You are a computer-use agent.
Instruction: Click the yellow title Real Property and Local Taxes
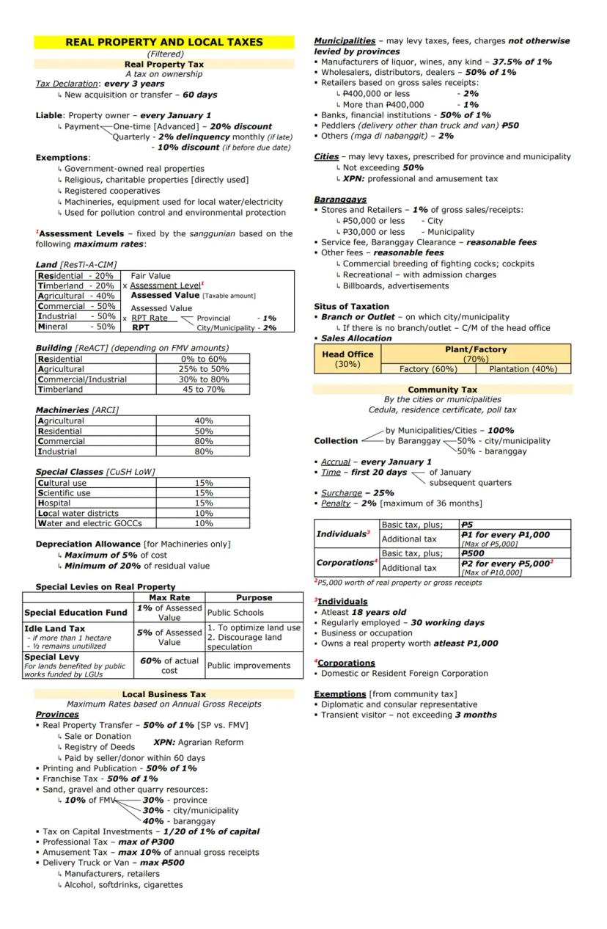(163, 43)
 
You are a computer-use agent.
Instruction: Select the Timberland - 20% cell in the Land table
(76, 286)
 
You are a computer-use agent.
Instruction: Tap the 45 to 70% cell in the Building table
(203, 390)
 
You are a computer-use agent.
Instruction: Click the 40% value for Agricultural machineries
(203, 421)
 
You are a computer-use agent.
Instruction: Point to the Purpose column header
(254, 598)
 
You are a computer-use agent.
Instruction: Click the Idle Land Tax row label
(54, 629)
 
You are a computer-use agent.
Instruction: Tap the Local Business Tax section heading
(163, 694)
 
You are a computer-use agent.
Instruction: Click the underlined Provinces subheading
(57, 715)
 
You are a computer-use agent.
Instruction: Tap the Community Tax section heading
(442, 390)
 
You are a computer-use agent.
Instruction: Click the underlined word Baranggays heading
(340, 200)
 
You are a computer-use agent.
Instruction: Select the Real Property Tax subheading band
(163, 65)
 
